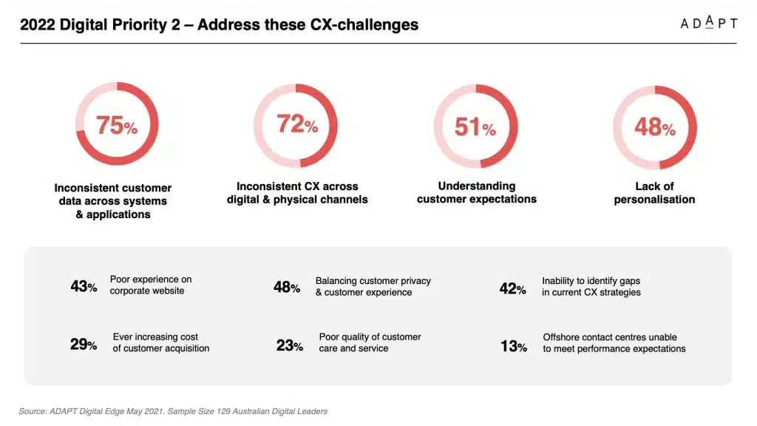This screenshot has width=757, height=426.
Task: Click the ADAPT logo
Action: click(708, 23)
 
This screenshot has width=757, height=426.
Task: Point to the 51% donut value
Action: click(475, 127)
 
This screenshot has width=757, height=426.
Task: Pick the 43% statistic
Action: click(84, 286)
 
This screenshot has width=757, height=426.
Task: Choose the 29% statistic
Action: click(84, 344)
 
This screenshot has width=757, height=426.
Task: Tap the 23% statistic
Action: click(289, 345)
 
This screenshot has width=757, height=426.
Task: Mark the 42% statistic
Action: click(512, 288)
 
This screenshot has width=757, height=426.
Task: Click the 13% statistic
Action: click(513, 345)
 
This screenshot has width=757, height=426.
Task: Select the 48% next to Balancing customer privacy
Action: click(287, 287)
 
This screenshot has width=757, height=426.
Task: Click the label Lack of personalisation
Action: click(654, 193)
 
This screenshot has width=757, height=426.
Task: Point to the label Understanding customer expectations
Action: click(477, 192)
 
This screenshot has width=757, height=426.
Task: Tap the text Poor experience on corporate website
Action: click(150, 285)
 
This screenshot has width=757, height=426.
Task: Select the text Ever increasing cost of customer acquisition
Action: click(160, 342)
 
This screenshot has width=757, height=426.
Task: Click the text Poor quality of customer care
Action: click(370, 342)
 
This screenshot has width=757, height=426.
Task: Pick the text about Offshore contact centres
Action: click(614, 342)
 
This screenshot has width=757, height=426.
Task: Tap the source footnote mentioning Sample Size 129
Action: click(173, 411)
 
